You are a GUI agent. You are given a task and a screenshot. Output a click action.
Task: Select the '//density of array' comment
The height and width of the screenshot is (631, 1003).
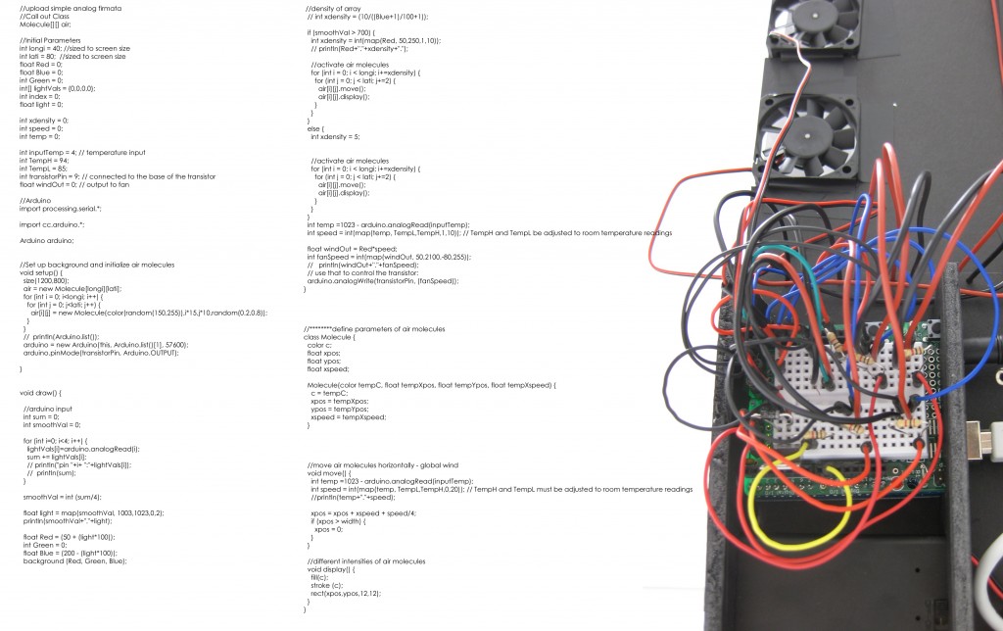coord(334,8)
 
